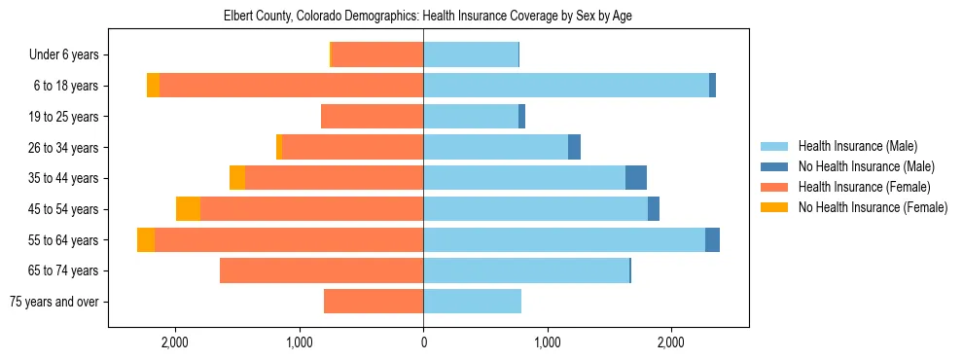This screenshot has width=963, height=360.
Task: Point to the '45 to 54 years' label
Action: coord(63,209)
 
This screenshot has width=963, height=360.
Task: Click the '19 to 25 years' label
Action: coord(63,117)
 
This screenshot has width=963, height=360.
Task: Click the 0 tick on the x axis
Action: coord(423,342)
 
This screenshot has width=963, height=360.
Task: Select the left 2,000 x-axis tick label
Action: coord(175,342)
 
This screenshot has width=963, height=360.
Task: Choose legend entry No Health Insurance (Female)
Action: coord(873,207)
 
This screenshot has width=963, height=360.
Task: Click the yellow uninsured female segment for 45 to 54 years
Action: coord(188,209)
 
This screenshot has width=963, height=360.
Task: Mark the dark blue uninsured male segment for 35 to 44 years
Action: coord(636,178)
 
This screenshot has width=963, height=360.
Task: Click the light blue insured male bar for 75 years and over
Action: coord(472,302)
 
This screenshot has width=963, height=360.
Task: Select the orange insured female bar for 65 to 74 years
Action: coord(321,270)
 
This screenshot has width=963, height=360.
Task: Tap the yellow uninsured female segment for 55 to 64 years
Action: coord(146,240)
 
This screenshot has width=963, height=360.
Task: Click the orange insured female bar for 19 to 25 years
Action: coord(372,117)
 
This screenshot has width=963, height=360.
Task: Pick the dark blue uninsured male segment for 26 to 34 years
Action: coord(574,148)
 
